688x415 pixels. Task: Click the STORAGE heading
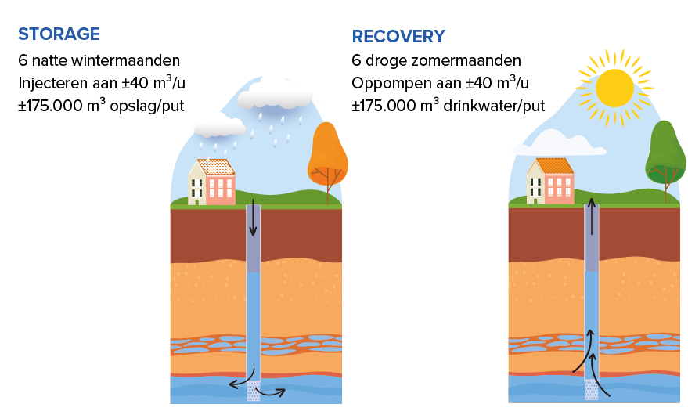point(59,34)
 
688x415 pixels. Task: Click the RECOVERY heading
point(398,36)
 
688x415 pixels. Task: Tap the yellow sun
point(614,88)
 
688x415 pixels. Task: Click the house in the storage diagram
point(212,182)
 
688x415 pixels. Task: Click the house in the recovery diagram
point(551,182)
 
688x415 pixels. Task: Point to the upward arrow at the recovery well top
point(592,216)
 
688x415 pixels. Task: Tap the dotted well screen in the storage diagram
point(254,391)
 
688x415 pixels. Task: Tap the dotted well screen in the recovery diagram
point(592,389)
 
